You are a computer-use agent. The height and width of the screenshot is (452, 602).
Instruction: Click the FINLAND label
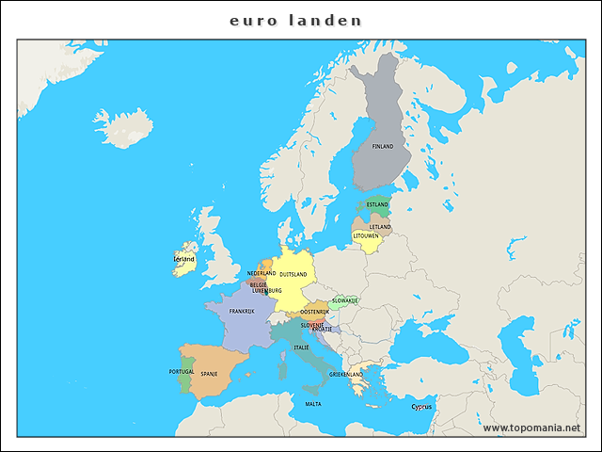(x=383, y=147)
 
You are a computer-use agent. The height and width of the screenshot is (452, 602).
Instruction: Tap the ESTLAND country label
(x=377, y=205)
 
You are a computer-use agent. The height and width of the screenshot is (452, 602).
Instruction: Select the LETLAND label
(x=380, y=227)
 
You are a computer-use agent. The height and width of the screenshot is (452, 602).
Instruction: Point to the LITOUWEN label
(x=366, y=236)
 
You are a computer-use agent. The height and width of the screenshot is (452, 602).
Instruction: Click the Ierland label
(x=183, y=259)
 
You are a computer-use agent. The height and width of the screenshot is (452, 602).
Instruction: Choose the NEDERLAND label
(x=261, y=274)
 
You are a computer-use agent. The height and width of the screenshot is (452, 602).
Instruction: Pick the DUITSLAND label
(x=293, y=275)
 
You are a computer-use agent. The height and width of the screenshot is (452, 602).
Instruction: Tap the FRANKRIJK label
(x=242, y=312)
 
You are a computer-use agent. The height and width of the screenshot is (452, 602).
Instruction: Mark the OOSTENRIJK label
(x=314, y=312)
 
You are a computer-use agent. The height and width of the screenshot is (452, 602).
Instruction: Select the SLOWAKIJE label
(x=345, y=301)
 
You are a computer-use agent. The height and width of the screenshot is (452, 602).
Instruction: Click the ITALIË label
(x=301, y=347)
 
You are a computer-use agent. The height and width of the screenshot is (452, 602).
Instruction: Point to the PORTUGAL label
(x=182, y=372)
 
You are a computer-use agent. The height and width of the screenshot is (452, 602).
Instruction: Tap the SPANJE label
(x=209, y=374)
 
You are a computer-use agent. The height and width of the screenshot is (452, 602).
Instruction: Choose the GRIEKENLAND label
(x=346, y=375)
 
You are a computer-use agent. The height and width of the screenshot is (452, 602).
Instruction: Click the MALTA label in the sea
(x=312, y=404)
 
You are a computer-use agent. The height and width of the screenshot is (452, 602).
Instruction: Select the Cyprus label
(x=421, y=408)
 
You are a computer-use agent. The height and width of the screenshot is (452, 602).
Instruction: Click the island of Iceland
(x=123, y=127)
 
